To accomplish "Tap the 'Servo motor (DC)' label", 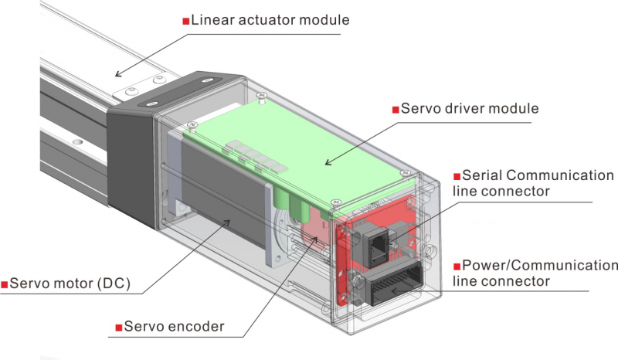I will click(70, 284).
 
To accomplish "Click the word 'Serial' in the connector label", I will click(485, 175).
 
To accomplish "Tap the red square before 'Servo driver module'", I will click(396, 108).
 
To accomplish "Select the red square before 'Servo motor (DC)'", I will click(5, 284).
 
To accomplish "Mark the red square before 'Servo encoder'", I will click(118, 327).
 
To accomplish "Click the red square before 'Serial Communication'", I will click(456, 176).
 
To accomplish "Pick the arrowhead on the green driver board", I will click(326, 162).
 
